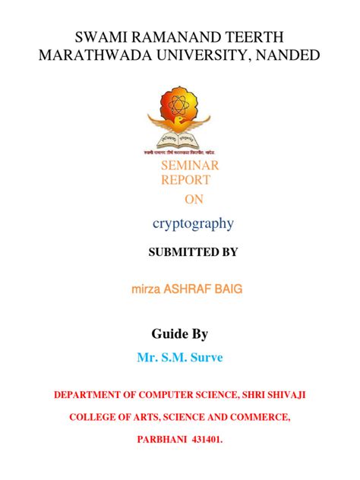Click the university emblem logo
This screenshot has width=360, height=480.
(x=180, y=122)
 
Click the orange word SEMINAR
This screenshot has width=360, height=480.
(x=189, y=166)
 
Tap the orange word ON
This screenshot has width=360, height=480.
(x=194, y=199)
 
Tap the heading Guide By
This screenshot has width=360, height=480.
(x=180, y=333)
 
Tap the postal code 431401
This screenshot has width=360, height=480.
(x=210, y=439)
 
